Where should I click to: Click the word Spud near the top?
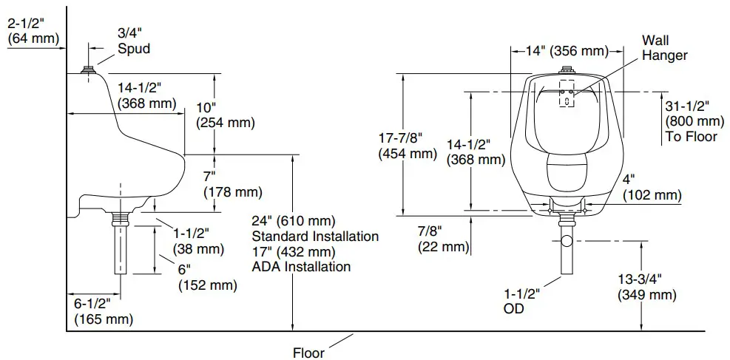pos(134,49)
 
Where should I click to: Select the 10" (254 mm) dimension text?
pos(225,115)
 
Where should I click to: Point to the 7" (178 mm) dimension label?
pos(232,184)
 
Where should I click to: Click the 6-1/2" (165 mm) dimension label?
pos(104,310)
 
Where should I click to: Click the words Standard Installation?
pos(315,237)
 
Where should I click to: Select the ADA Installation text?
pos(301,266)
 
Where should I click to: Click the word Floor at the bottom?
pos(308,353)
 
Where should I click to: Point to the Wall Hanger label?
pos(664,47)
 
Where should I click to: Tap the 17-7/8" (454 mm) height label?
pos(408,146)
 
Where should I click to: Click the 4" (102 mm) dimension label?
pos(652,186)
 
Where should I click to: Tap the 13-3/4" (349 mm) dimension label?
pos(646,286)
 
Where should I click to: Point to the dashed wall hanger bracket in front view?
pos(566,92)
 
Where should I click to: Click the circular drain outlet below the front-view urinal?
pos(567,241)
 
